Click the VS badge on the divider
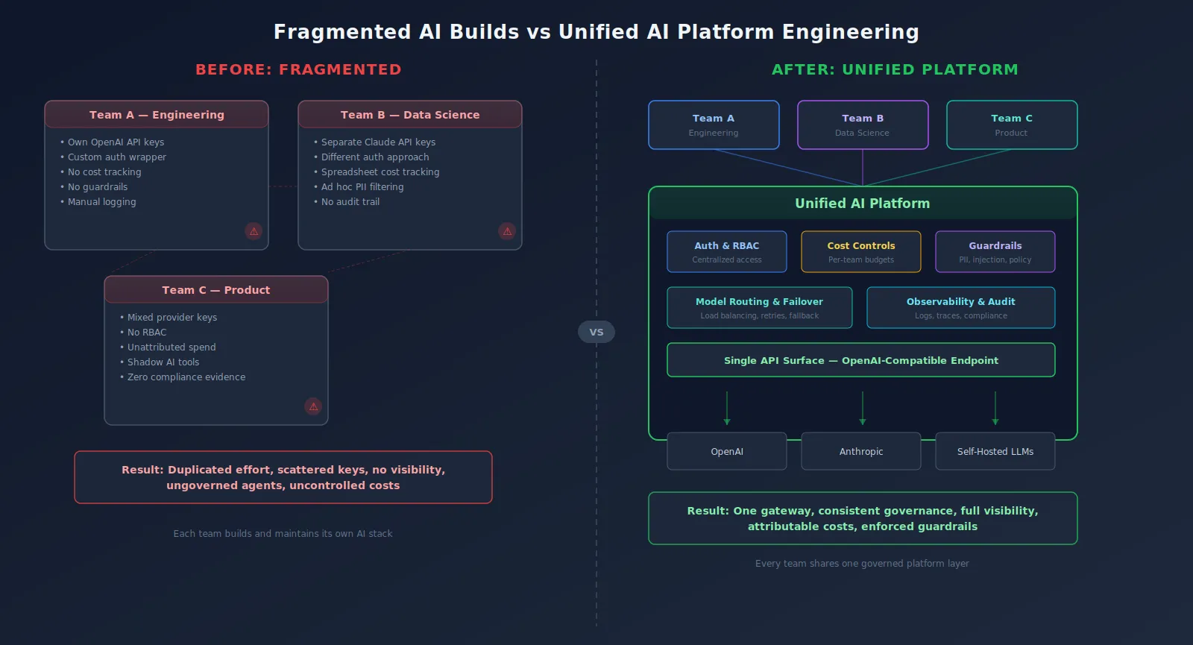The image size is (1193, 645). tap(596, 332)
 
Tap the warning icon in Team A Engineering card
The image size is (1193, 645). tap(254, 231)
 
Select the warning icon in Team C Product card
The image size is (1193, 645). tap(313, 406)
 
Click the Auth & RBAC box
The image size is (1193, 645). tap(727, 252)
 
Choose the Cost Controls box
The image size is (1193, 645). tap(861, 252)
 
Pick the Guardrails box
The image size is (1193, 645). tap(995, 252)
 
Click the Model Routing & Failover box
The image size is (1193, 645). tap(759, 308)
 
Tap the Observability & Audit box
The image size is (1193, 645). tap(960, 308)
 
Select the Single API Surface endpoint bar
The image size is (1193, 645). tap(861, 360)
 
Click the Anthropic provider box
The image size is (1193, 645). tap(861, 451)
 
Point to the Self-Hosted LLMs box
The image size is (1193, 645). tap(995, 451)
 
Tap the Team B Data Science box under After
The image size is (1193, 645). tap(863, 125)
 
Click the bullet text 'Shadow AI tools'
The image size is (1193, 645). tap(163, 362)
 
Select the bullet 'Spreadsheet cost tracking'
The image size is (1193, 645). tap(380, 172)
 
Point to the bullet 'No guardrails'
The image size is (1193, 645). tap(98, 187)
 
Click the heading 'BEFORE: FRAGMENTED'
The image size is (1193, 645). tap(298, 69)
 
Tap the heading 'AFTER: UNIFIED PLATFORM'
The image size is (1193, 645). tap(895, 69)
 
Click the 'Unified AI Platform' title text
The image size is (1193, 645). tap(863, 204)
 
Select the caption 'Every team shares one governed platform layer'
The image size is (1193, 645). tap(862, 564)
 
